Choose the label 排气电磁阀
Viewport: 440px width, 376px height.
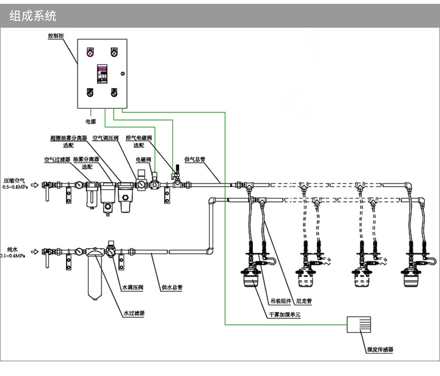[139, 138]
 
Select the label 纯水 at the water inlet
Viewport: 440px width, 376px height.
[13, 248]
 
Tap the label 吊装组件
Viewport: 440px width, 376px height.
[281, 301]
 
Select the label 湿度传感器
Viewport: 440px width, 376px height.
[380, 350]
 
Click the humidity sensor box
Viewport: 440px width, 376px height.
[359, 324]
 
